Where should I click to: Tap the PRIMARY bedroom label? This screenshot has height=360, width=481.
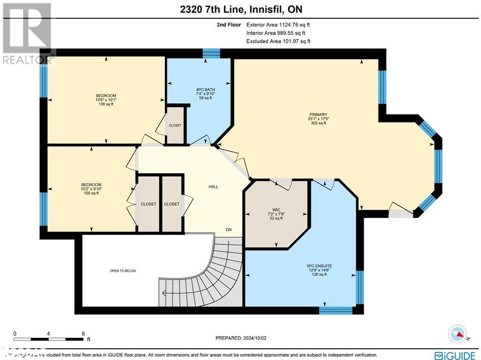pos(318,114)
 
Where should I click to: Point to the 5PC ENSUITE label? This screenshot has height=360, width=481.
pos(318,266)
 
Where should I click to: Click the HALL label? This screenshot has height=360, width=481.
pos(213,187)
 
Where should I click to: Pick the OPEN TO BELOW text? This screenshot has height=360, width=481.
pos(123,271)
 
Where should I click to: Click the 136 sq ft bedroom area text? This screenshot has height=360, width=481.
pos(106,104)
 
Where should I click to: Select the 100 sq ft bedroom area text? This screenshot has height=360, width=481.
pos(91,193)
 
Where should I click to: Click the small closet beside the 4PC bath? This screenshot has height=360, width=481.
pos(175,125)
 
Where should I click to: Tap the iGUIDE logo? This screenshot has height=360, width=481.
pos(454,355)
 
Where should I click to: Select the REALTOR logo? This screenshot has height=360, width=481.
pos(27,33)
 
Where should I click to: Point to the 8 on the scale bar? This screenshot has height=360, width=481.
pos(83,334)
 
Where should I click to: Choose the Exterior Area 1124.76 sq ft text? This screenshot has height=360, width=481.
pos(278,24)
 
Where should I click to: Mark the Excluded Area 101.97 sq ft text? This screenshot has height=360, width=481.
pos(278,41)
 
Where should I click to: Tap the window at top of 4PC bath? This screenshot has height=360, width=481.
pos(211,52)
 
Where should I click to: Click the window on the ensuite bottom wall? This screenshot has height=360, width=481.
pos(335,310)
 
